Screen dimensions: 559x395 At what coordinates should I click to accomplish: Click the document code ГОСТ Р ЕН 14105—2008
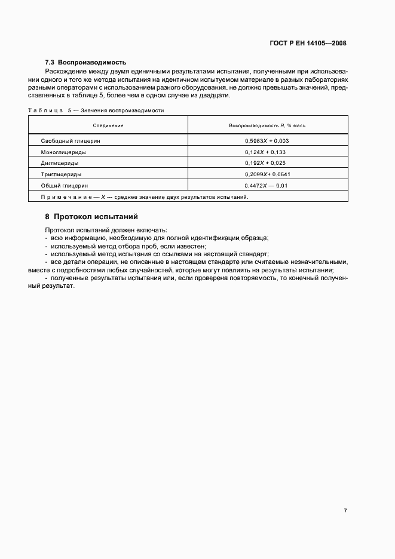[308, 43]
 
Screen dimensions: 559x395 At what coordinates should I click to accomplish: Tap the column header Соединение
[108, 125]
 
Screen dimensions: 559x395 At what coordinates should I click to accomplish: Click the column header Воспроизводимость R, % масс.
[267, 125]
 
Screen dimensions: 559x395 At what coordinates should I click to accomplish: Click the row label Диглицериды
[59, 162]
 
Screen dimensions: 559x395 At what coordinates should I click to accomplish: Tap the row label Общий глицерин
[64, 185]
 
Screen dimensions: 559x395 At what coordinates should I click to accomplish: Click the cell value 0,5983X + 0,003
[267, 141]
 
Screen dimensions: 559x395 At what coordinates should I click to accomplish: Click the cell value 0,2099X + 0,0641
[267, 174]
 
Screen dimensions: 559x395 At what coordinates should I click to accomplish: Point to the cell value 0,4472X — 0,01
[267, 185]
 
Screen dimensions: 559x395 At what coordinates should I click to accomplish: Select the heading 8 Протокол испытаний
[91, 216]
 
